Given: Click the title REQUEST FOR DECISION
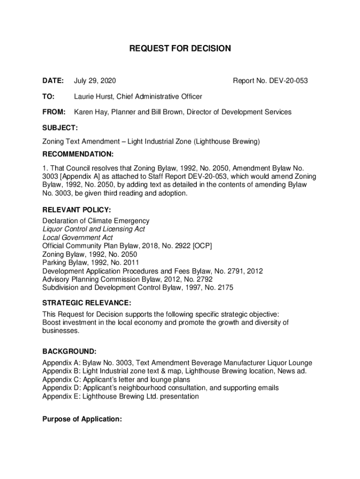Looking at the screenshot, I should click(x=180, y=48).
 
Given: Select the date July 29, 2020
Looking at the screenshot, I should click(x=95, y=81).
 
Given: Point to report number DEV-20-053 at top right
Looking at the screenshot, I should click(x=288, y=81).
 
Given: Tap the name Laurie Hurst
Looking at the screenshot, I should click(x=94, y=97).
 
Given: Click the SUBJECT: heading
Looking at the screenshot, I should click(x=60, y=127).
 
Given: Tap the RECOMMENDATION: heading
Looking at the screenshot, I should click(x=78, y=154).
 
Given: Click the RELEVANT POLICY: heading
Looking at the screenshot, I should click(x=76, y=210).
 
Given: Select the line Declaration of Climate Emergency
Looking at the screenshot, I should click(x=96, y=221).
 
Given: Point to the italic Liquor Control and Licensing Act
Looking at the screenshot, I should click(x=94, y=229).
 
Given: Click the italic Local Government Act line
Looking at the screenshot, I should click(x=78, y=238).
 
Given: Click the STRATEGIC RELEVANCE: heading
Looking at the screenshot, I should click(x=86, y=303).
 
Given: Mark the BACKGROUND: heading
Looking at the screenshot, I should click(x=70, y=351).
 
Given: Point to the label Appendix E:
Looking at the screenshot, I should click(x=61, y=397).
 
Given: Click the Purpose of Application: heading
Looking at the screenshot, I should click(x=82, y=420).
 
